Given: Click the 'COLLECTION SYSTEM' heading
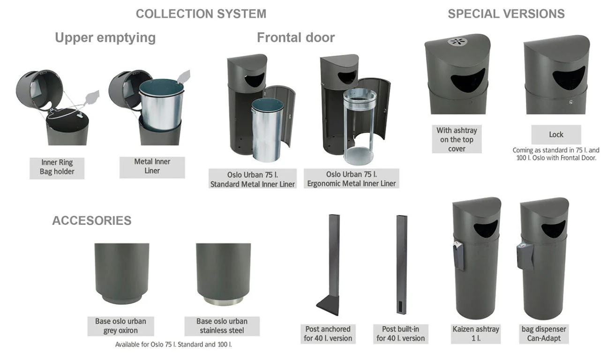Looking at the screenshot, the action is tap(201, 14).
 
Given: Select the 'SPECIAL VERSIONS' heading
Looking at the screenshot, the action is tap(506, 14).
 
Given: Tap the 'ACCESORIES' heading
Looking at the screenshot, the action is tap(92, 220).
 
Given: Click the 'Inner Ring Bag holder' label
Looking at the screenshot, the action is tap(57, 167).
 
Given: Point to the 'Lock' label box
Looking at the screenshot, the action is tap(556, 135).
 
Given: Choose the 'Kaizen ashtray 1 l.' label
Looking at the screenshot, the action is tap(475, 334).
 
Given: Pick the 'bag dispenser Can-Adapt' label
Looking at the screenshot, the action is tap(544, 334).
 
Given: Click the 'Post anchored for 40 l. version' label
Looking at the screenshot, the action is tap(328, 334).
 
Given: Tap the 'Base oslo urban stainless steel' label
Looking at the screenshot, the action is tap(222, 326).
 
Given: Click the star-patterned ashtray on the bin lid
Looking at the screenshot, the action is tap(457, 42).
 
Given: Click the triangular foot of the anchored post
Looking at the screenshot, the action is tap(329, 305).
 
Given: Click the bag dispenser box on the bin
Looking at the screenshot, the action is tap(525, 256).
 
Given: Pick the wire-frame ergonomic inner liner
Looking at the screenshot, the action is tap(359, 126).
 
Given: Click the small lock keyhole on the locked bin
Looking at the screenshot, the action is tap(571, 102).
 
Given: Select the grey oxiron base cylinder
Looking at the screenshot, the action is tap(122, 273).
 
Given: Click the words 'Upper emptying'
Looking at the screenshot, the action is tap(105, 38).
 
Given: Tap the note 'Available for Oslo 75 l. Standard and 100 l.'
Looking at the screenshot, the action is tap(173, 345).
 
